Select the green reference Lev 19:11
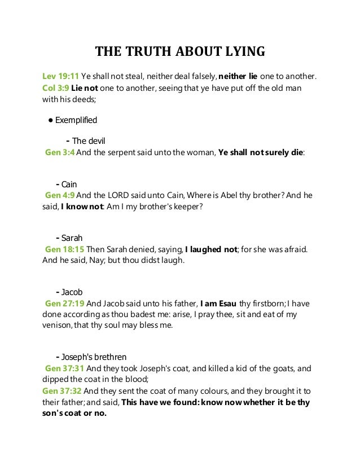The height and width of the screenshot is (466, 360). point(61,76)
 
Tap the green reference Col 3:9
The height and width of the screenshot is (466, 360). point(56,89)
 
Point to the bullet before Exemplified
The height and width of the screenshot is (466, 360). point(51,120)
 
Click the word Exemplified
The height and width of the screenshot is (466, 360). point(76,120)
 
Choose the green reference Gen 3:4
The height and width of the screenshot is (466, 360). point(60,152)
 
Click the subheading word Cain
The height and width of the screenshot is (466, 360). point(69,184)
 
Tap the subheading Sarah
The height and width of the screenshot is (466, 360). point(72,238)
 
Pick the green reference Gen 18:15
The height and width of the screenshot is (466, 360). point(64,249)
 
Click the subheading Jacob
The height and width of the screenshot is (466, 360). point(72,292)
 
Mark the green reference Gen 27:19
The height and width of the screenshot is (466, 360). point(64,304)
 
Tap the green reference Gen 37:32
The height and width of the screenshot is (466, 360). point(62,390)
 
